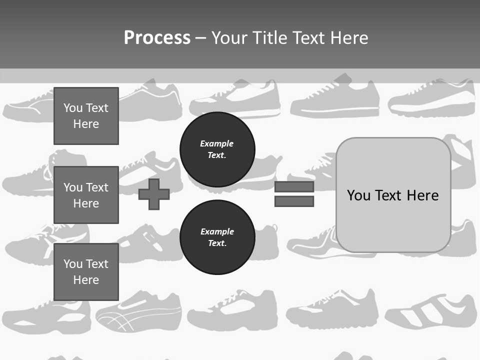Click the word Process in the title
coord(157,38)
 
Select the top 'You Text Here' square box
coord(86,116)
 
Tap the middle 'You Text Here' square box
coord(86,195)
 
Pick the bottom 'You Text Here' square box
coord(86,271)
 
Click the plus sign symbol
coord(154,194)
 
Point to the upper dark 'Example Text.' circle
coord(217,149)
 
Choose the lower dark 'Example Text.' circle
coord(217,237)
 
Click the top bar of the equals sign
coord(294,186)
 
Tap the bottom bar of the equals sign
coord(294,201)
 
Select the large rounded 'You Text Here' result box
coord(393,195)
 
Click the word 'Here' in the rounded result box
coord(422,195)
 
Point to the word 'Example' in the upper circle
coord(217,143)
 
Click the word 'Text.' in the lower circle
coord(217,243)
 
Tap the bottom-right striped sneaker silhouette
coord(430,310)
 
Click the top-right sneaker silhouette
coord(432,98)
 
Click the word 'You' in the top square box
coord(73,108)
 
